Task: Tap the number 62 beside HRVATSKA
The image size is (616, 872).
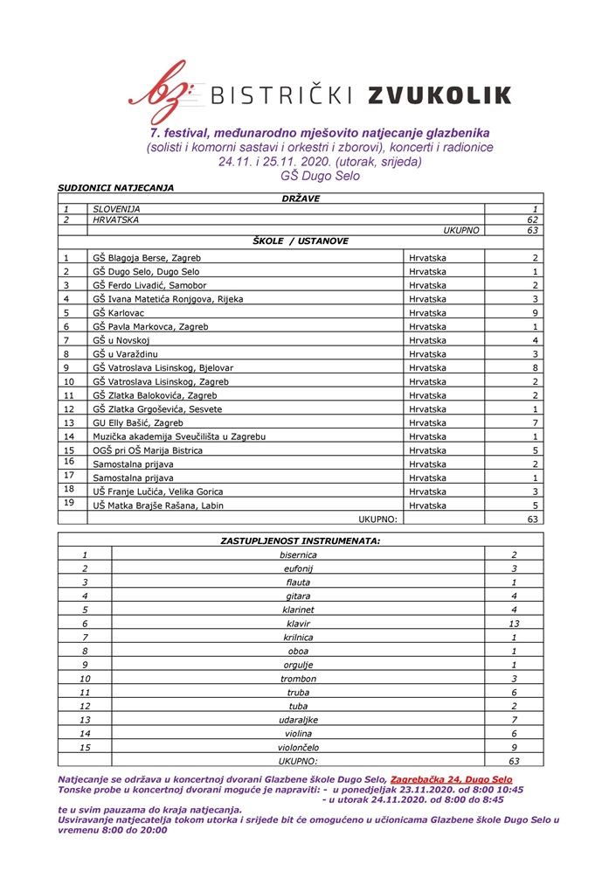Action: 531,220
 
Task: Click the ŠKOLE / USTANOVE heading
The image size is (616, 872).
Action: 301,240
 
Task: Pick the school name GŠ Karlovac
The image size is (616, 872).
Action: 121,312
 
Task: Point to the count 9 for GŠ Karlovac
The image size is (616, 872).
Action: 535,312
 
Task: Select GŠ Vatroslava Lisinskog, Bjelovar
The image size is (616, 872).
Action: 168,367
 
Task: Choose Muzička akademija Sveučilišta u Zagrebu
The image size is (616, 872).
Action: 179,436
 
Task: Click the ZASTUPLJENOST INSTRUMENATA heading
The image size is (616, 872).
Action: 300,541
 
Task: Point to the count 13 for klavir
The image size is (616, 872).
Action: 514,624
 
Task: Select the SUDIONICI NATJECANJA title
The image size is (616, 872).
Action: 116,187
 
